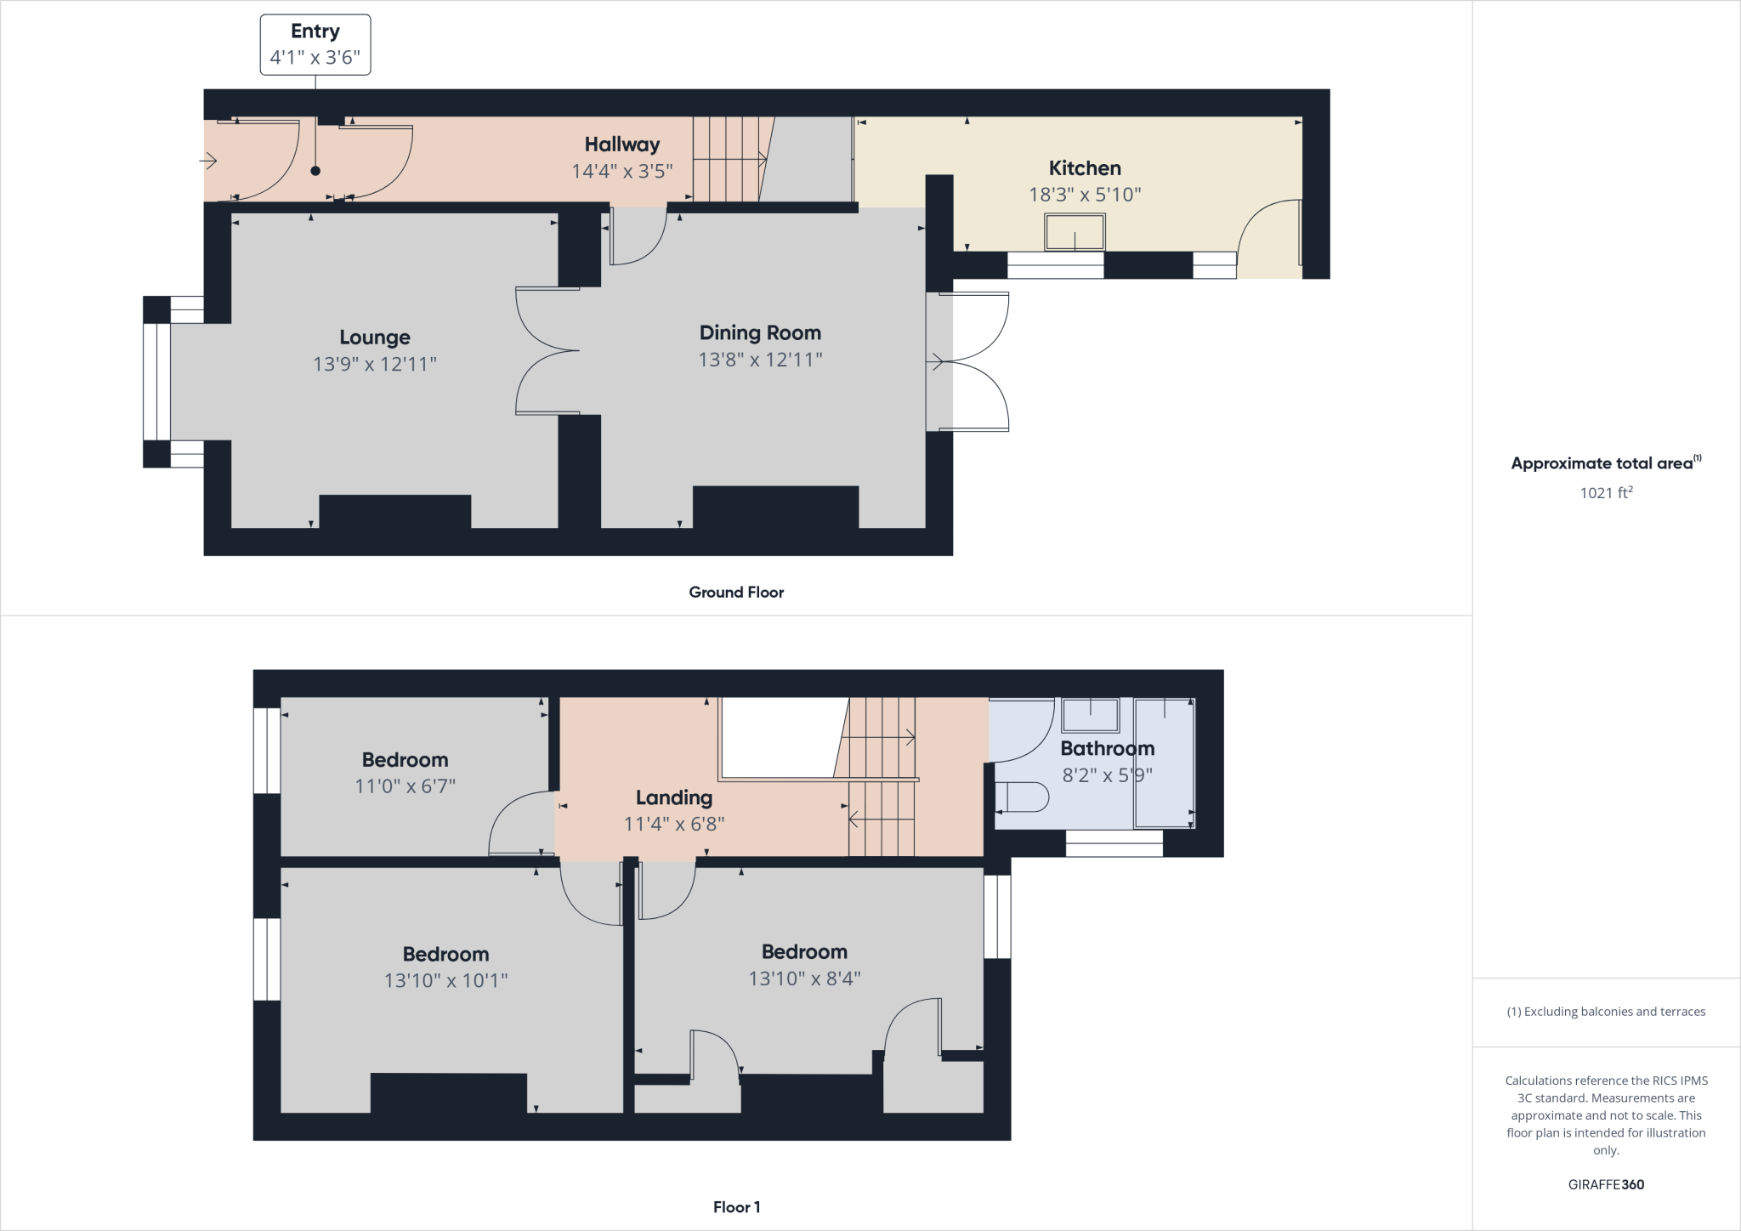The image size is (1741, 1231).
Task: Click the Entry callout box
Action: tap(315, 45)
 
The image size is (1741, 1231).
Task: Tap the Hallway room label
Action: tap(621, 145)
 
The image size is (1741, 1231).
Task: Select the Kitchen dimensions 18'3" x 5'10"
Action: tap(1085, 195)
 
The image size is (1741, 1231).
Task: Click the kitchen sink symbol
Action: tap(1075, 232)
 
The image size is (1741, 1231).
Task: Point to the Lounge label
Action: tap(375, 338)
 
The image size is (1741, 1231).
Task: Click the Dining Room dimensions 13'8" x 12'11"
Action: tap(760, 360)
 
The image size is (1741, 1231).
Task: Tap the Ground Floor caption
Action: tap(736, 593)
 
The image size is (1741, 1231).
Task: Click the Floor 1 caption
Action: tap(736, 1207)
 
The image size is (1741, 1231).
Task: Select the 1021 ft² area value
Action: tap(1606, 492)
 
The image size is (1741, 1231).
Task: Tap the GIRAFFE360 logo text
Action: tap(1606, 1184)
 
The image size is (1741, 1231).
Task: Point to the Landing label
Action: tap(674, 797)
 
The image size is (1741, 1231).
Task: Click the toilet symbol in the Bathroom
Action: tap(1023, 797)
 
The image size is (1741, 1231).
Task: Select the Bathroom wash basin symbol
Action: tap(1090, 715)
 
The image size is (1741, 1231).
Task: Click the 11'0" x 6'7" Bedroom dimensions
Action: tap(405, 786)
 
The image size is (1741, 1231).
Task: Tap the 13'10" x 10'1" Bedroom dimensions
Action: tap(445, 981)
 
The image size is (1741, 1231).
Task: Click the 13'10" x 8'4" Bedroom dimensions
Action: tap(804, 979)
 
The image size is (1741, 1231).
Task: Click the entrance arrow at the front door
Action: tap(209, 160)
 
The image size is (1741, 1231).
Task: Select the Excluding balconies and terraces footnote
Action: tap(1606, 1012)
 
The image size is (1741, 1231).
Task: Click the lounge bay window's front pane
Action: tap(156, 382)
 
